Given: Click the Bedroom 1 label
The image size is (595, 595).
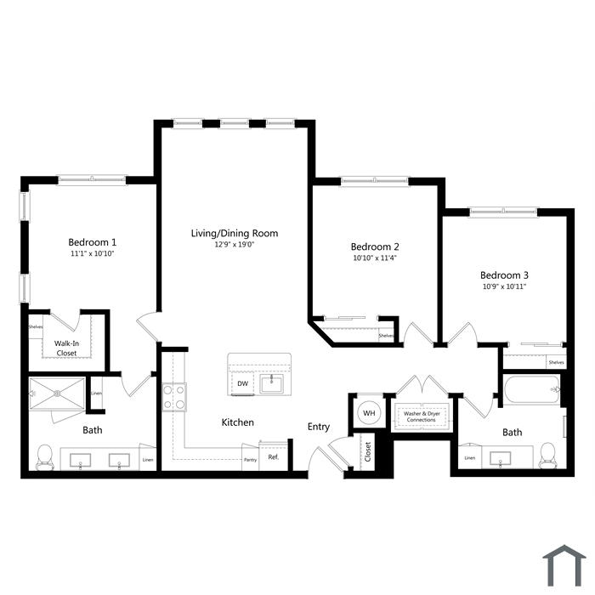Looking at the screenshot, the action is coord(92,242).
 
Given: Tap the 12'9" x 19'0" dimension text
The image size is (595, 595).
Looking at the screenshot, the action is coord(234,245).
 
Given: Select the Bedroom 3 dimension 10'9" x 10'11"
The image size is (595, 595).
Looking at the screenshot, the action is coord(504,286).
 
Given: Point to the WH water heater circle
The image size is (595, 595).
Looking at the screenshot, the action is coord(369,413).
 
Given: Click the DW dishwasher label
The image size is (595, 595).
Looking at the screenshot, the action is coord(242,383).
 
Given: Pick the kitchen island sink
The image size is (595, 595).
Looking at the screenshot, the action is coord(271,384).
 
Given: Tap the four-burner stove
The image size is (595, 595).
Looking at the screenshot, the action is coord(174,397).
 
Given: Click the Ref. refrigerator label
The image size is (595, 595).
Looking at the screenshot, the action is coord(273,457).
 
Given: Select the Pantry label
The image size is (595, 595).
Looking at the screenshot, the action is coord(250,460).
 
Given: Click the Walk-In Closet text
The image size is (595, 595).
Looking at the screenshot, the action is coord(66,348).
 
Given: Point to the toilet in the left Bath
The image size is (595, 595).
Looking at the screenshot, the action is coord(45,457).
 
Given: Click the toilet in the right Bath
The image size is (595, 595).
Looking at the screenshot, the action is coord(547,456).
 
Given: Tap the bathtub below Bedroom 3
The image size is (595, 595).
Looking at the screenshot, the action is coord(532,389).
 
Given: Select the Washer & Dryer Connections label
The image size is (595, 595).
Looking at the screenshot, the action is coord(422,416).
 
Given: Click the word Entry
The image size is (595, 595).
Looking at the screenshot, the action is coord(319,427).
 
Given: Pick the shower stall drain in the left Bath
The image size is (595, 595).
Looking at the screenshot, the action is coord(57,394).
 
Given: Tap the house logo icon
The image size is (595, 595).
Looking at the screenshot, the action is coord(564,565).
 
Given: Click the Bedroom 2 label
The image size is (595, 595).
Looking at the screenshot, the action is coord(375,246).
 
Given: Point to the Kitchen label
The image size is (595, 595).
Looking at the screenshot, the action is coord(237,422).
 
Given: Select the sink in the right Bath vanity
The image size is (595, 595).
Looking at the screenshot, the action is coord(500,459).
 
